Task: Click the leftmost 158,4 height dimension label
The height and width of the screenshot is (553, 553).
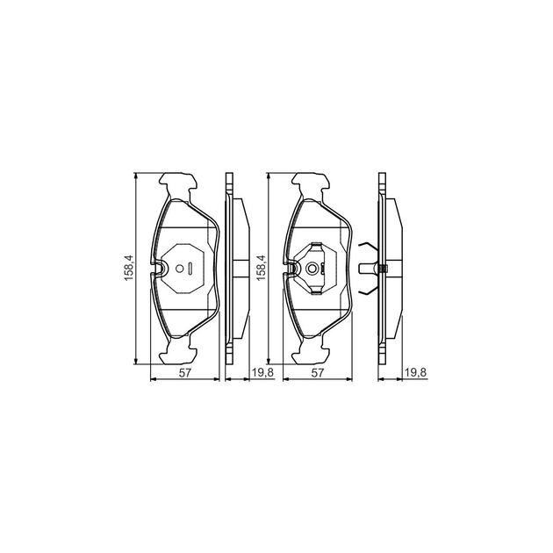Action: pyautogui.click(x=129, y=268)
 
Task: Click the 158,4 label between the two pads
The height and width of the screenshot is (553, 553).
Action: pyautogui.click(x=262, y=268)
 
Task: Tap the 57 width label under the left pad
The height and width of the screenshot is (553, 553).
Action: pyautogui.click(x=184, y=373)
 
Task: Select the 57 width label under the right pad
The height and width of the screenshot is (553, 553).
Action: pyautogui.click(x=318, y=373)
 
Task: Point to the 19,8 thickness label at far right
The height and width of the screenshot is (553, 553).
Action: pyautogui.click(x=416, y=372)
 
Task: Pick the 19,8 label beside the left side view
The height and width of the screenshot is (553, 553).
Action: pyautogui.click(x=262, y=372)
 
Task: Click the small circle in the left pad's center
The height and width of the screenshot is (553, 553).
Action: pyautogui.click(x=180, y=269)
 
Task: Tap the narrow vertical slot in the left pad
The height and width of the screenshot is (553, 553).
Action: pyautogui.click(x=190, y=269)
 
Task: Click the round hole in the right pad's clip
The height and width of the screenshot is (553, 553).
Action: pyautogui.click(x=312, y=269)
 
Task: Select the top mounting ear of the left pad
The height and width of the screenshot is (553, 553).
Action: pyautogui.click(x=177, y=183)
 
